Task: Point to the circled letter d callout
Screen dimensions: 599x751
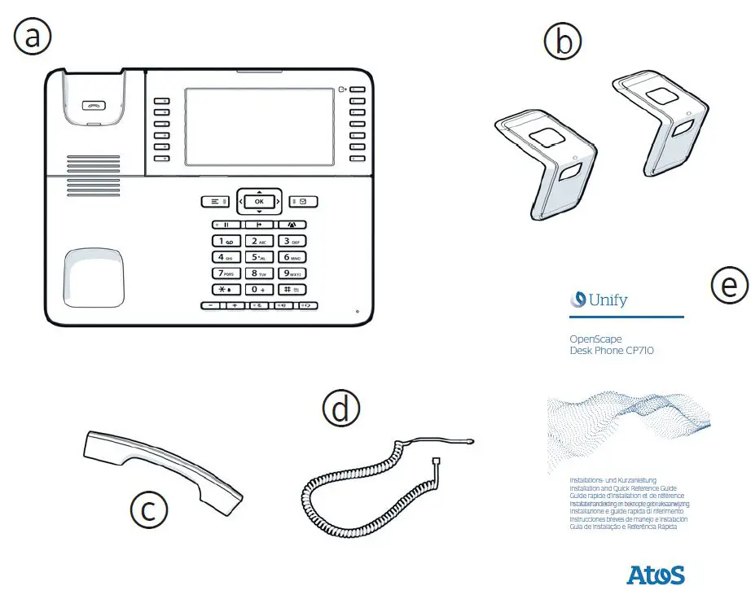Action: pos(340,409)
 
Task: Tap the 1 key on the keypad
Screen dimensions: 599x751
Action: pos(225,241)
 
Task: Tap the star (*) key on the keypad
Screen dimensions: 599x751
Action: pos(225,290)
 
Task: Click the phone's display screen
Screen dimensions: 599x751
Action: pos(259,129)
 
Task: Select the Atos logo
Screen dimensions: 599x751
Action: pos(655,575)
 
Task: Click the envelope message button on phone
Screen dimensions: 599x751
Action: pos(303,201)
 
